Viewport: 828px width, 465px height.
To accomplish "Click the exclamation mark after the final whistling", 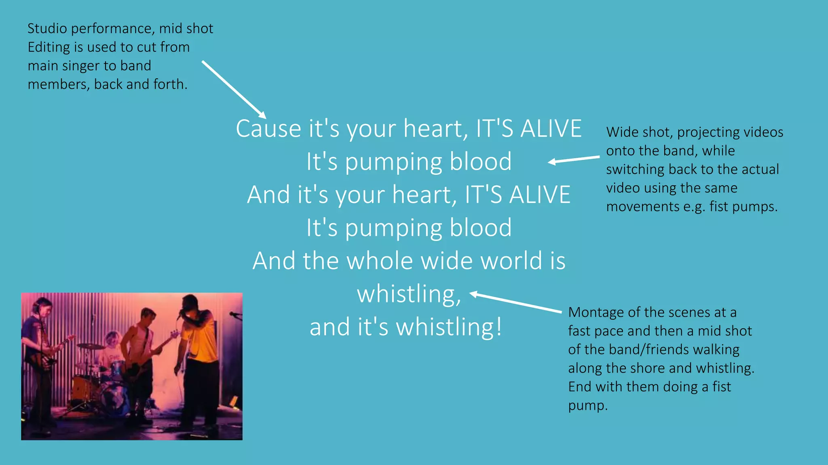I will [499, 327].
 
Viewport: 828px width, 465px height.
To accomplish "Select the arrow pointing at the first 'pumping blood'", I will [574, 159].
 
